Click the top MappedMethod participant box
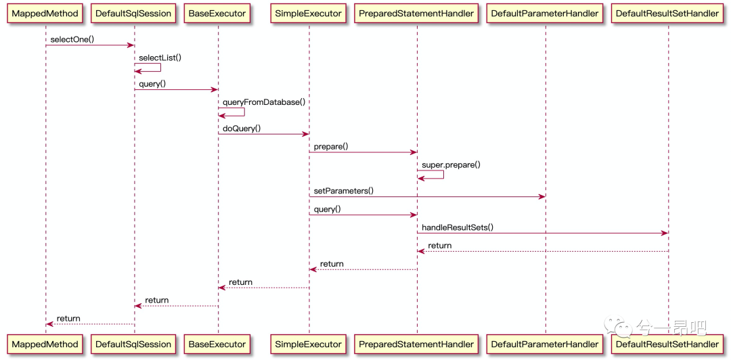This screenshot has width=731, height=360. (46, 14)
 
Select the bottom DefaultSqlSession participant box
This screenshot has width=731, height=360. (134, 344)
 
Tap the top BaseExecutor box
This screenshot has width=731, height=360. (218, 14)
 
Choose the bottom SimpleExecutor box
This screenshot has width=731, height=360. (309, 344)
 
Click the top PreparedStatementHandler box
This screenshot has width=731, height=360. (417, 14)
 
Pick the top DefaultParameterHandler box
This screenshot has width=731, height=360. (545, 14)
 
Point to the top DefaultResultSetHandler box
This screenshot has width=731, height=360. (667, 14)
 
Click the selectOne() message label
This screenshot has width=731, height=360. (72, 39)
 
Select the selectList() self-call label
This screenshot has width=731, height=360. (160, 58)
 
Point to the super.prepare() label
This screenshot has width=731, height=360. (451, 165)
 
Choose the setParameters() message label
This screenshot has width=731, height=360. (344, 191)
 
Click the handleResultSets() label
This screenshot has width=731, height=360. (458, 227)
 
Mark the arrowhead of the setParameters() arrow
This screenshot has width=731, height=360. (542, 197)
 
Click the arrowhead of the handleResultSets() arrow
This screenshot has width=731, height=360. (665, 233)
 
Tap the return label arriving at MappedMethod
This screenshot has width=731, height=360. (68, 319)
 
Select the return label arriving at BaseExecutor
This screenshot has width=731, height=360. (240, 282)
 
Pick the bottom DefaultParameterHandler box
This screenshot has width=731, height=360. (545, 344)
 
